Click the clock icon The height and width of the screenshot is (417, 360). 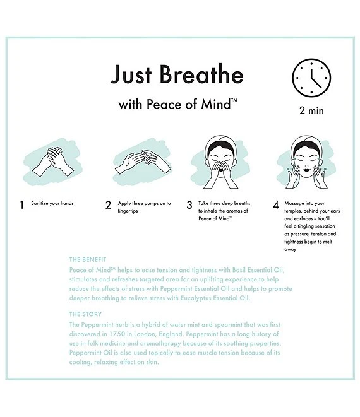(311, 78)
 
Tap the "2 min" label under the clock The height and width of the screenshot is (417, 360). (311, 111)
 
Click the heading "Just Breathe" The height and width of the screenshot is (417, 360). (177, 76)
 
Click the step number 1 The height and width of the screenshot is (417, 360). (21, 204)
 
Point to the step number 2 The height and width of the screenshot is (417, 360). (108, 204)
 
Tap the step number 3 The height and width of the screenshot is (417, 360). (189, 204)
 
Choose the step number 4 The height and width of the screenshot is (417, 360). (275, 204)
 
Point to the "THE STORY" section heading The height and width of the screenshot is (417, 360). (85, 314)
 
